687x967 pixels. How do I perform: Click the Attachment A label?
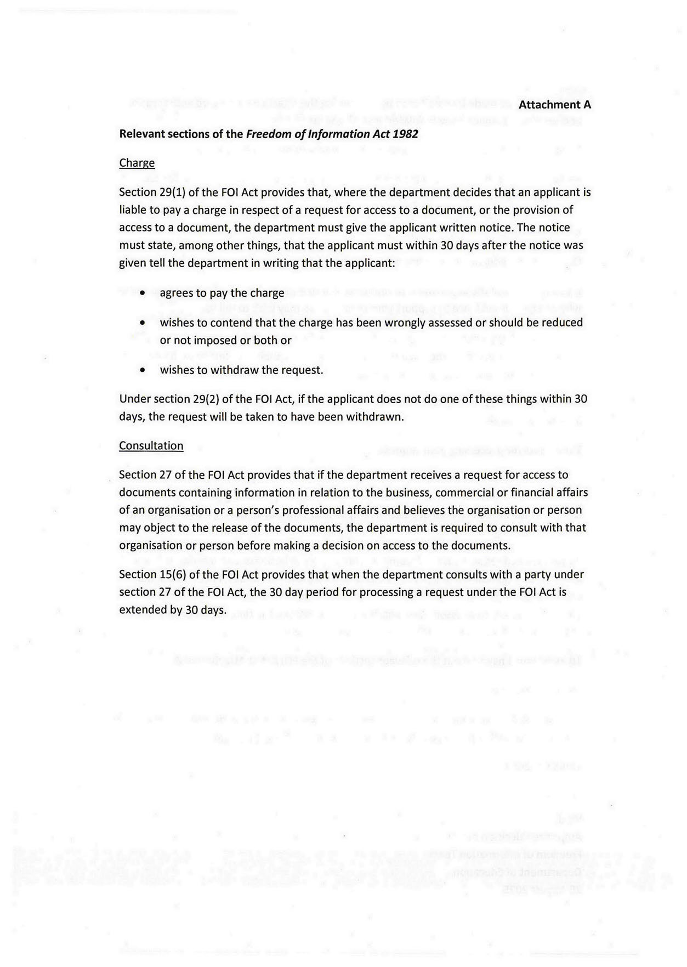click(x=555, y=104)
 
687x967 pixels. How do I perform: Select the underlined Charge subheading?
click(x=137, y=163)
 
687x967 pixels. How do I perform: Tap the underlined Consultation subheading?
click(x=151, y=445)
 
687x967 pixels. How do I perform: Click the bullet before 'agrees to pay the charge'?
click(x=143, y=293)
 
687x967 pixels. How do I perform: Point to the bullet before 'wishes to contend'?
click(x=143, y=323)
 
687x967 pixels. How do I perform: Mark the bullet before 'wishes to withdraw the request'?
click(x=143, y=370)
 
